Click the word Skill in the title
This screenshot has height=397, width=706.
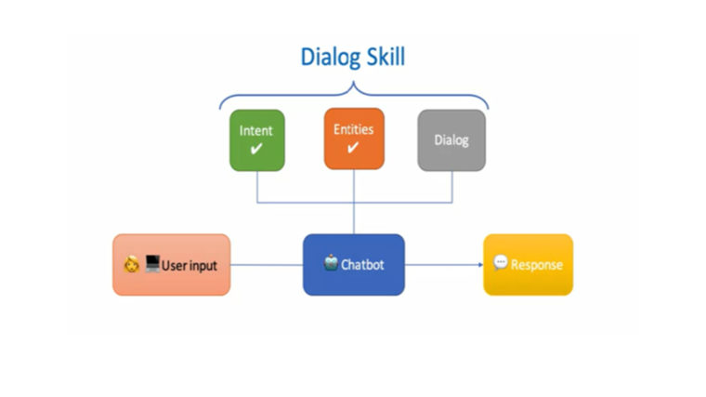(386, 57)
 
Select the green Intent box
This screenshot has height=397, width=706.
(257, 140)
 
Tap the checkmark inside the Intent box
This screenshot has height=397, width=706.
(256, 149)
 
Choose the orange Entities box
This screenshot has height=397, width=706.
(354, 139)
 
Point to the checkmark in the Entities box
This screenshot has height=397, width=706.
(353, 147)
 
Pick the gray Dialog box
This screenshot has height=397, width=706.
(451, 140)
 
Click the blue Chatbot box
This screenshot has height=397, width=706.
(354, 265)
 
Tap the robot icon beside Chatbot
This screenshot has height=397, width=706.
(331, 263)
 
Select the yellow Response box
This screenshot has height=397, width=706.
(529, 265)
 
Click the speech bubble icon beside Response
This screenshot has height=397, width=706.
(500, 262)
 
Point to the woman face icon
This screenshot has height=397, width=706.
(132, 265)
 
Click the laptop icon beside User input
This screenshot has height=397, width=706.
(152, 264)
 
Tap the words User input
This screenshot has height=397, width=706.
(190, 266)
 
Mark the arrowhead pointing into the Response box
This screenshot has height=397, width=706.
(481, 265)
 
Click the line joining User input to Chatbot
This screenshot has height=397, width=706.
(267, 265)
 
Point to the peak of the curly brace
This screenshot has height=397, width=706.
(353, 82)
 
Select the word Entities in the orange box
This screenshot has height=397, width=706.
(353, 129)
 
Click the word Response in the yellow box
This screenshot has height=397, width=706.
(537, 265)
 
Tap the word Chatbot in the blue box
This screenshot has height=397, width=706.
(362, 265)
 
